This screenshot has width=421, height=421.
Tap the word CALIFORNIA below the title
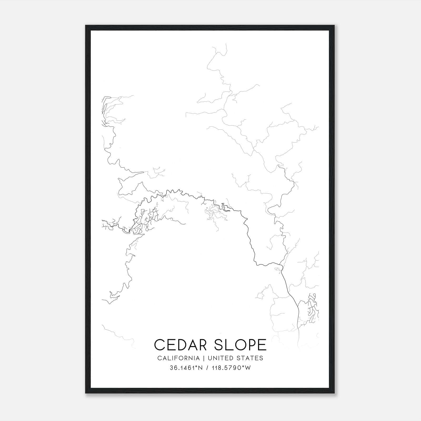point(178,358)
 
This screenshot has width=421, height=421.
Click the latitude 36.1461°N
point(186,368)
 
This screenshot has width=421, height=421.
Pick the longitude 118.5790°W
point(231,368)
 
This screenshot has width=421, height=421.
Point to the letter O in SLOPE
point(239,345)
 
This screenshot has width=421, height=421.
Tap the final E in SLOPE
point(262,345)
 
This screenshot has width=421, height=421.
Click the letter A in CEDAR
point(194,345)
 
